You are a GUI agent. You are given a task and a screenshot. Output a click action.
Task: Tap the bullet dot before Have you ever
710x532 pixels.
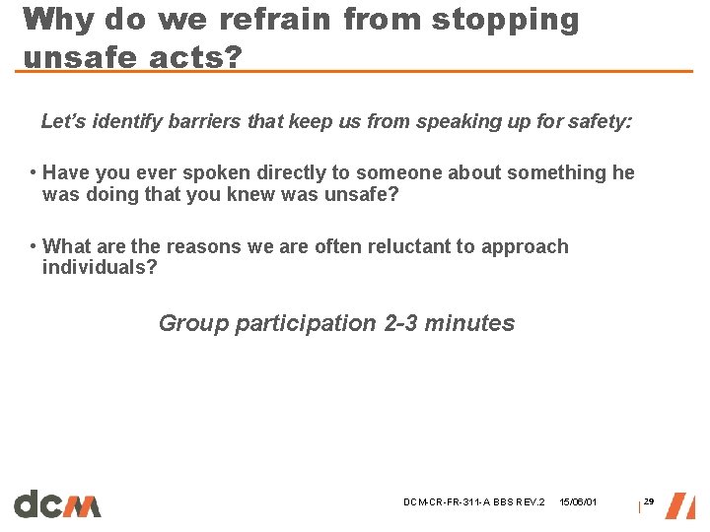click(x=34, y=173)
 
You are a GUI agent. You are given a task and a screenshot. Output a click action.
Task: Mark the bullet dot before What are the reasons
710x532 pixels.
click(x=34, y=246)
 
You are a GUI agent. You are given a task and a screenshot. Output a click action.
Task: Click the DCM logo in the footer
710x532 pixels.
click(x=57, y=503)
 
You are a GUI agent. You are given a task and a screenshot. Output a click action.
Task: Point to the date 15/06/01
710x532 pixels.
click(x=578, y=503)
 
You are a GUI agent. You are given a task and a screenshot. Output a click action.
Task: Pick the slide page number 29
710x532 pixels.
click(x=649, y=502)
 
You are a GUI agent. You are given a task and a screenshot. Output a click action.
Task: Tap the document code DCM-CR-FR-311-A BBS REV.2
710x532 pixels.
click(x=473, y=503)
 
